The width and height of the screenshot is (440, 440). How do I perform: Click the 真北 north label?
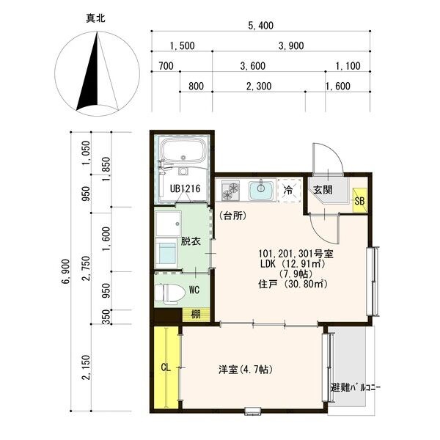95,19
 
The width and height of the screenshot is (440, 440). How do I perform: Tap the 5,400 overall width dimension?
260,26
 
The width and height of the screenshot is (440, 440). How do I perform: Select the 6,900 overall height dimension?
67,272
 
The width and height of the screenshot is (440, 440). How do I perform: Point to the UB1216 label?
186,188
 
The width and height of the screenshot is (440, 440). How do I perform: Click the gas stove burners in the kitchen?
230,191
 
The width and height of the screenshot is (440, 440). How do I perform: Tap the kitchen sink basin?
261,190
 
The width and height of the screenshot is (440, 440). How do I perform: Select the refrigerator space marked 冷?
289,190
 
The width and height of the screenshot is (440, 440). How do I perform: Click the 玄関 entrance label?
323,190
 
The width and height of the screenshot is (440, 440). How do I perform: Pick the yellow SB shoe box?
360,201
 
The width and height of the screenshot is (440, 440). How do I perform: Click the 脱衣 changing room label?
191,241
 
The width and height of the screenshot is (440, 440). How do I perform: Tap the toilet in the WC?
170,294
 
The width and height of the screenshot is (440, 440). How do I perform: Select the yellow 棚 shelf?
196,315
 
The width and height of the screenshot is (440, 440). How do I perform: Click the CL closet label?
166,367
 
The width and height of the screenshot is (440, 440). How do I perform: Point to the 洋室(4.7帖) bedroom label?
246,370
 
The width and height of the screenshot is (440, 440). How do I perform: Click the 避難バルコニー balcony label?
356,388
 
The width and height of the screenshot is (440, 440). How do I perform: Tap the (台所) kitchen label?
233,216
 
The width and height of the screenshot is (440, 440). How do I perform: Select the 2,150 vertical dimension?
87,367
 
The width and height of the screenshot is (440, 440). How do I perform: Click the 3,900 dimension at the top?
291,45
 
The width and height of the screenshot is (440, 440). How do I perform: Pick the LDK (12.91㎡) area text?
293,264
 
